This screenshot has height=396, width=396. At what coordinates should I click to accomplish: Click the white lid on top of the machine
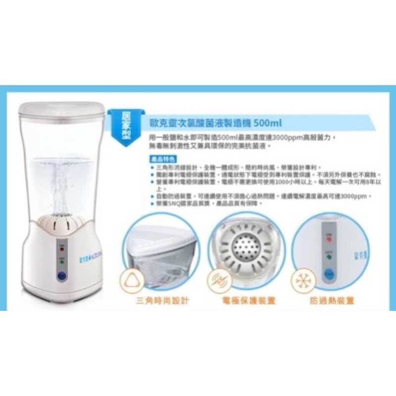click(x=62, y=108)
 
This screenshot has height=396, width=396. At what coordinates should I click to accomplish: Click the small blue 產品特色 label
click(x=160, y=159)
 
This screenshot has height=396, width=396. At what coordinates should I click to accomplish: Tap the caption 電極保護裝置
click(x=243, y=300)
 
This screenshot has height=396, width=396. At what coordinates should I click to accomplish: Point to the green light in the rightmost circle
click(x=329, y=256)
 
